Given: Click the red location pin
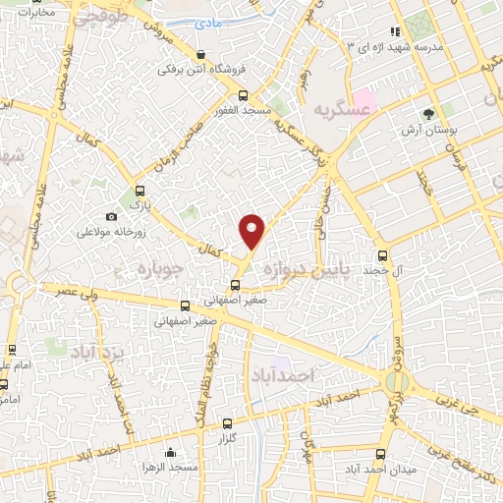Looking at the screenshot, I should tap(252, 231).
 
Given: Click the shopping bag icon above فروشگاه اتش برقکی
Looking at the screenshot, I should tap(201, 55).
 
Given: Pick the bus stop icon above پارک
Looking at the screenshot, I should tap(139, 192).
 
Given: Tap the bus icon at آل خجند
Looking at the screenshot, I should tap(367, 253).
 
